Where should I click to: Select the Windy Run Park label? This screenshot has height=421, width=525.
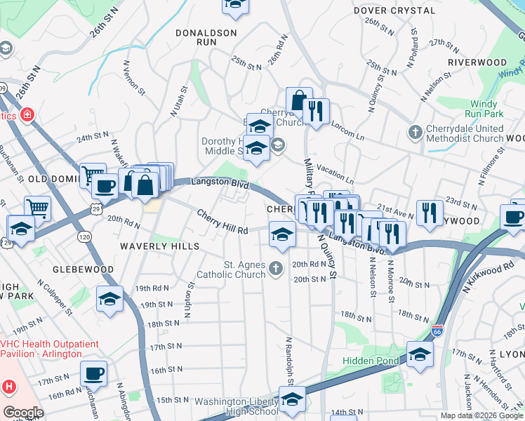pos(484,109)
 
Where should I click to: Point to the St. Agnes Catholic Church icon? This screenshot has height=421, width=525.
pos(277,267)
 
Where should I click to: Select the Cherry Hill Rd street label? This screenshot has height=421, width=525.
pos(222,221)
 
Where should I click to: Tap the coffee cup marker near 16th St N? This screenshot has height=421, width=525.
pos(93,373)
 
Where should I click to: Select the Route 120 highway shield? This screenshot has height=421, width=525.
pos(84,238)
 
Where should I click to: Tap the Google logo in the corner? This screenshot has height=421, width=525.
pos(23,412)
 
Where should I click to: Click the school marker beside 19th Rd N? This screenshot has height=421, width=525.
pos(110,300)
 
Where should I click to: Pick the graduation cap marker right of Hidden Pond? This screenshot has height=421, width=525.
pos(420,354)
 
